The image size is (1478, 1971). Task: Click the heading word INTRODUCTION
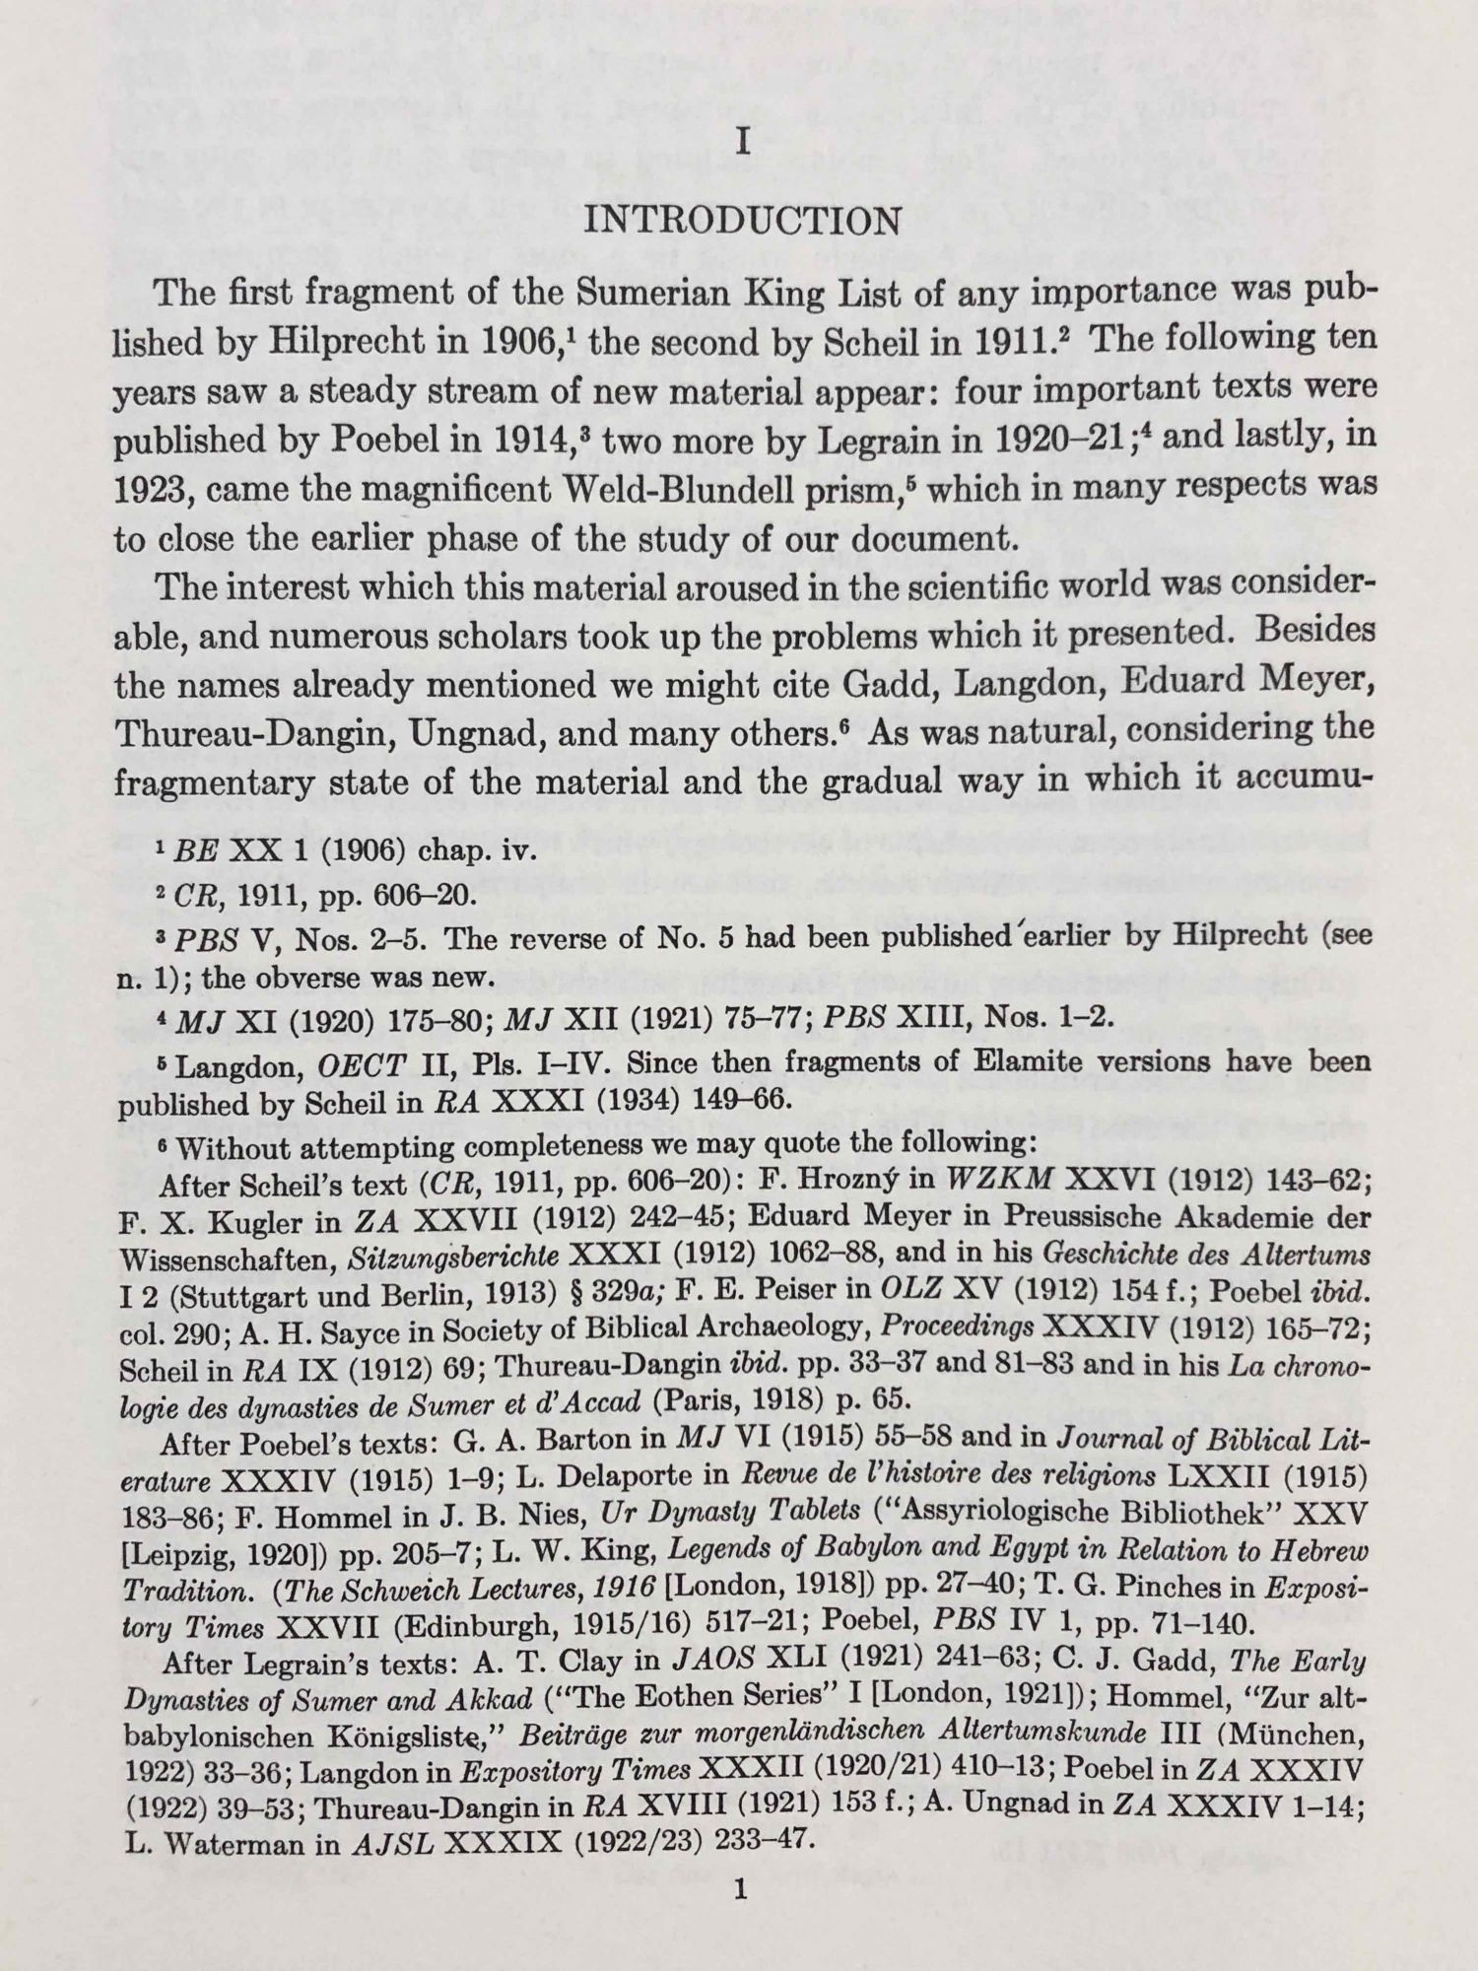(x=743, y=220)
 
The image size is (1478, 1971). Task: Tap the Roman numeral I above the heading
(x=744, y=143)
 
